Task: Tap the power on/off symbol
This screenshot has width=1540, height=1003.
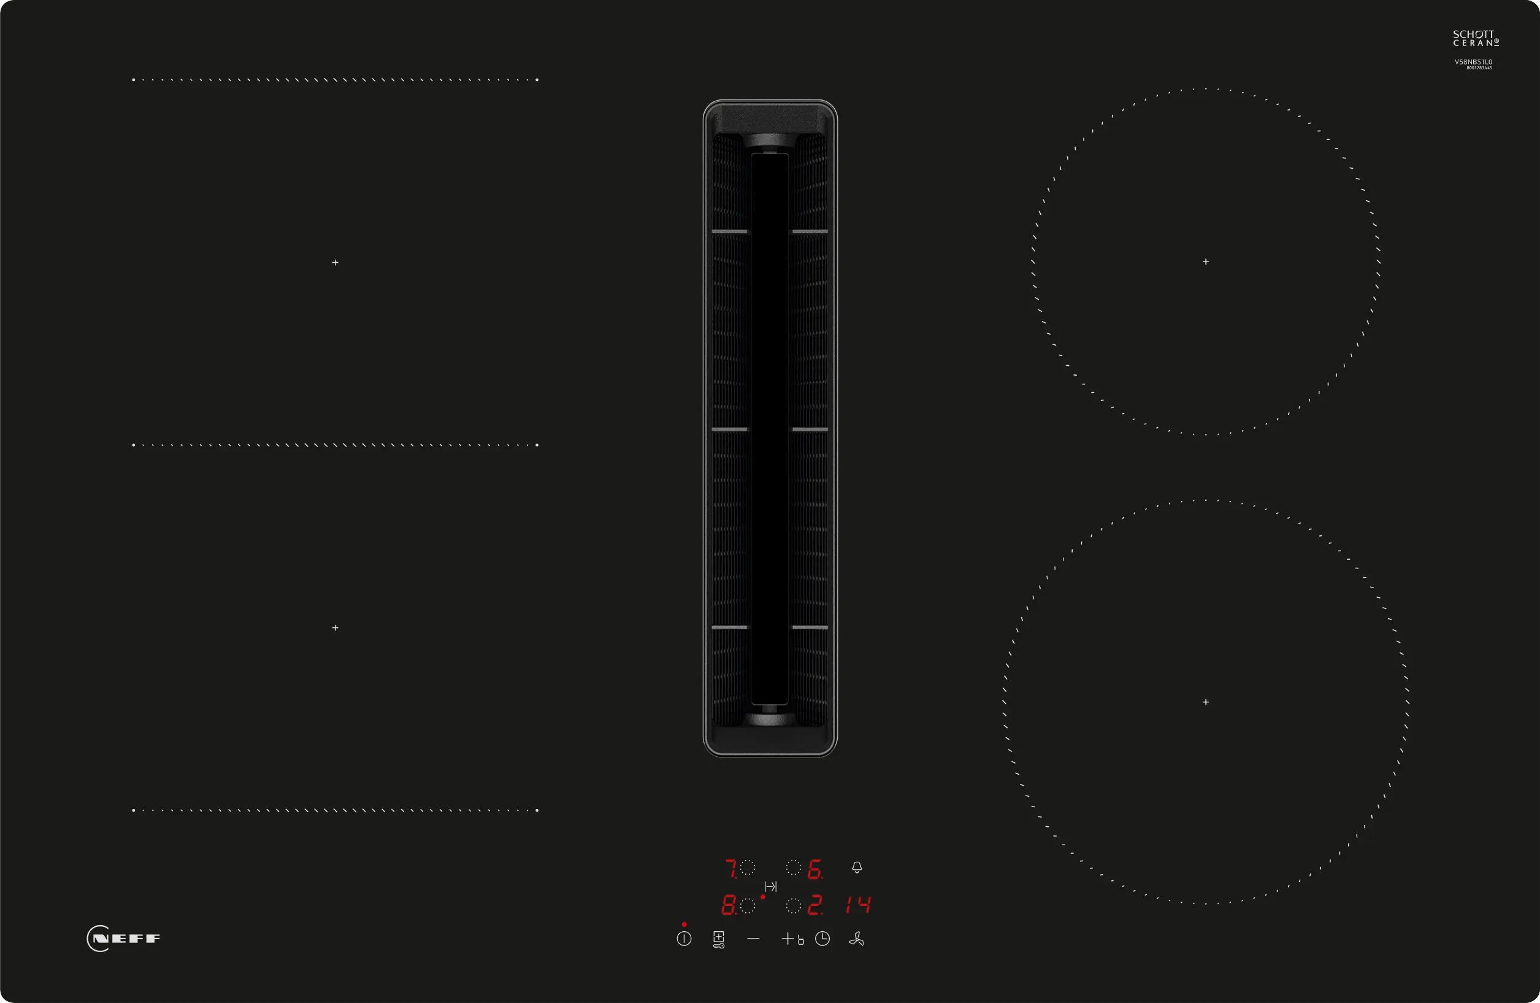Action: click(x=684, y=939)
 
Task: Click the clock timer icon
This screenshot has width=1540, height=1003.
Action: click(x=822, y=939)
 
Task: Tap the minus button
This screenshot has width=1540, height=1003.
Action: click(x=753, y=939)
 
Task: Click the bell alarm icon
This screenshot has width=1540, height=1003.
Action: click(x=857, y=867)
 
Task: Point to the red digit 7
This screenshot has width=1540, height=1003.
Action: click(x=730, y=869)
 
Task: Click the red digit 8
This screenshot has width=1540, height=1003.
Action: click(x=728, y=905)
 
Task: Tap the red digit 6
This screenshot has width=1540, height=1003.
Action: click(x=814, y=869)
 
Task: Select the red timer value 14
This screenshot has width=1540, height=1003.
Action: click(x=858, y=905)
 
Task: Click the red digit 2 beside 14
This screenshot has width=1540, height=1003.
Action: click(x=814, y=905)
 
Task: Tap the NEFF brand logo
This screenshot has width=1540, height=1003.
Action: click(x=124, y=939)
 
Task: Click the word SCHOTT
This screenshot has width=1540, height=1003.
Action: click(x=1473, y=34)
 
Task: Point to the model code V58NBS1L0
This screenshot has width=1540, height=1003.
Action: click(x=1473, y=62)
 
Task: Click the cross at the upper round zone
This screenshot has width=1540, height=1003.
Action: click(x=1206, y=261)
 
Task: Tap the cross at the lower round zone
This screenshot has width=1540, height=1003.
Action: click(x=1206, y=702)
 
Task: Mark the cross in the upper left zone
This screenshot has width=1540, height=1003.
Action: click(x=335, y=262)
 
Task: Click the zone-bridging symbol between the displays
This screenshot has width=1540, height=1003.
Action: click(x=770, y=886)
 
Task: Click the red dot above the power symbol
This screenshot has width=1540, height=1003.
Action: click(x=684, y=924)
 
